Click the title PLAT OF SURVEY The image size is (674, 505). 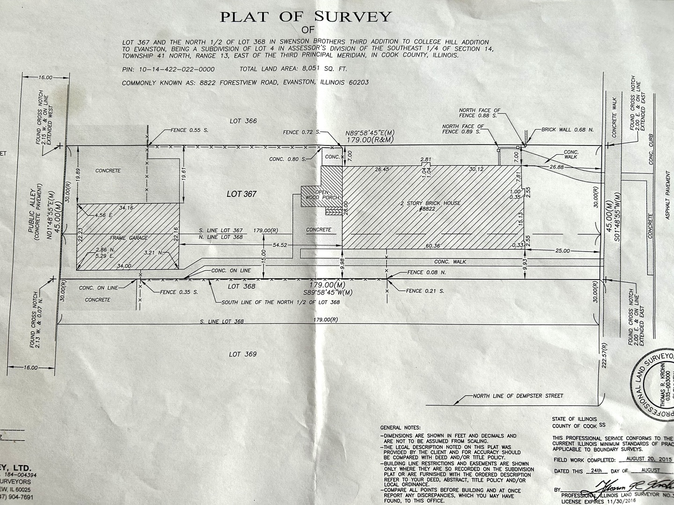point(305,17)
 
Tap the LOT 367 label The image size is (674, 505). point(242,194)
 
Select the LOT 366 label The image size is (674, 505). point(243,121)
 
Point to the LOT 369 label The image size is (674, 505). point(242,354)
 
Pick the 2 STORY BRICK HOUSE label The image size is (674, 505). point(424,203)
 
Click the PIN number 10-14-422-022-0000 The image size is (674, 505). point(177,69)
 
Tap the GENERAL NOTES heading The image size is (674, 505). point(400,427)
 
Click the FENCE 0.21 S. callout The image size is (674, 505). point(425,291)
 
